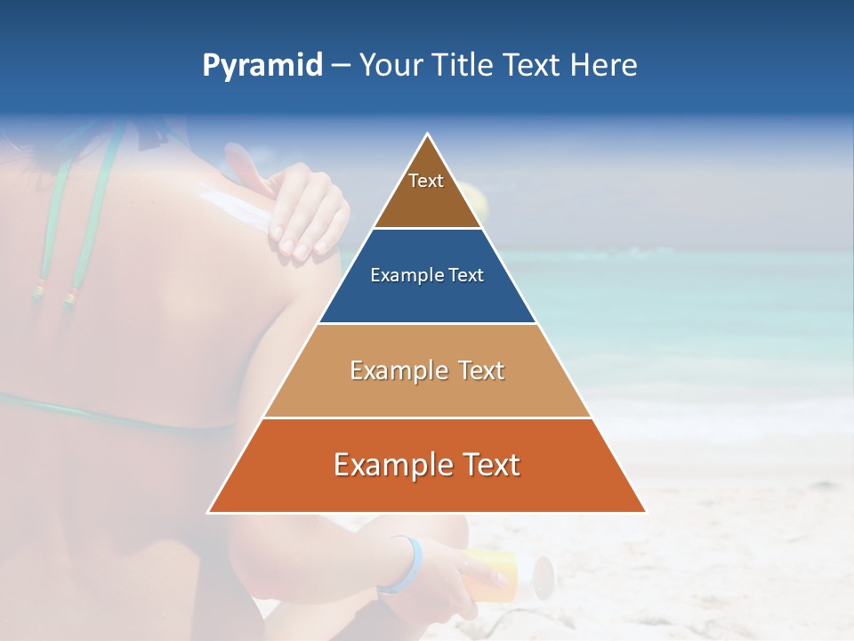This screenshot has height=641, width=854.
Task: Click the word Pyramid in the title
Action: pyautogui.click(x=262, y=66)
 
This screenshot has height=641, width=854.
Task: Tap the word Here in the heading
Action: pyautogui.click(x=604, y=66)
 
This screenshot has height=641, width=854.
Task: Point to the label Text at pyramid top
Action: pyautogui.click(x=426, y=181)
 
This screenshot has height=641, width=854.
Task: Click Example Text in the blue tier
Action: pyautogui.click(x=427, y=275)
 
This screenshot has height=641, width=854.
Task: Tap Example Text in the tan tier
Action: pyautogui.click(x=427, y=370)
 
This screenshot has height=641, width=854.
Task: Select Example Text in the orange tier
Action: pyautogui.click(x=427, y=465)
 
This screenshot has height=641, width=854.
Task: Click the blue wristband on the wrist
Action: pyautogui.click(x=405, y=564)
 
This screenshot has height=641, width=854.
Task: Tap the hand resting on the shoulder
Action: pyautogui.click(x=307, y=214)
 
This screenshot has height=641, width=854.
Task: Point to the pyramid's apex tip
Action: pyautogui.click(x=428, y=135)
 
